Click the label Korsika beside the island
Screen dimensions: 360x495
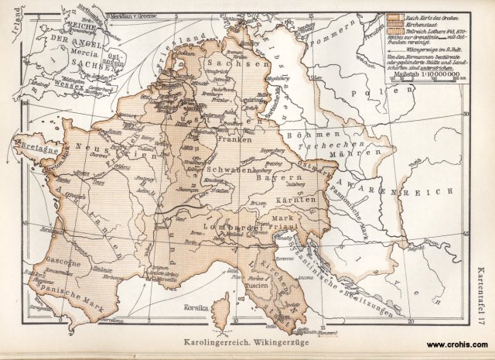(183, 307)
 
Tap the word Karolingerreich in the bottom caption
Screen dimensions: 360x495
(213, 341)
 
